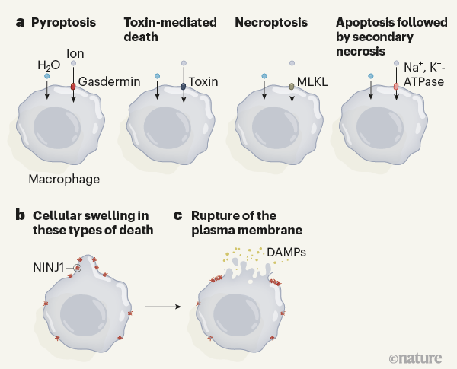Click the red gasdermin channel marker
[73, 87]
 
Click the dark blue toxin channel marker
[183, 87]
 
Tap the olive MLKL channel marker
[292, 87]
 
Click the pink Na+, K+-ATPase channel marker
[396, 87]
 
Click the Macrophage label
[64, 180]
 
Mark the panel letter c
[177, 214]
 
